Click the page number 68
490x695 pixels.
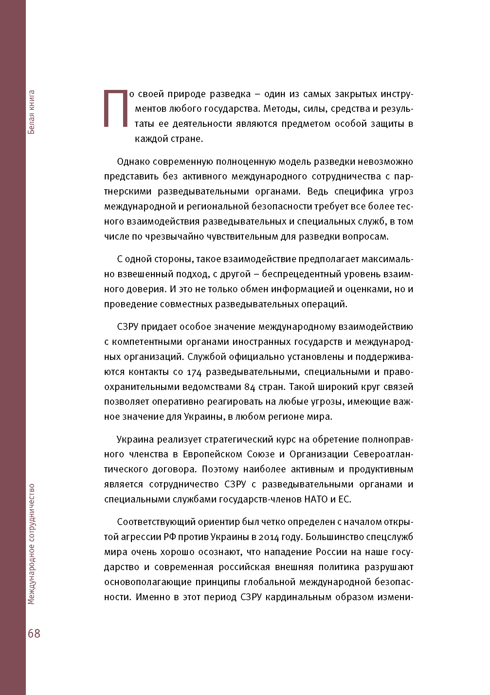pos(34,633)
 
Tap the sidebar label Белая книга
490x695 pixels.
pos(31,112)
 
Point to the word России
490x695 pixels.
pos(331,552)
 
